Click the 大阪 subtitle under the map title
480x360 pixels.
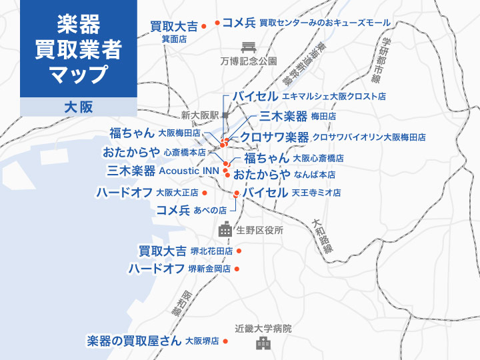point(78,107)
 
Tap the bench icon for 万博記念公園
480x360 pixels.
point(249,47)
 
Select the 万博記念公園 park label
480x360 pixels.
point(248,61)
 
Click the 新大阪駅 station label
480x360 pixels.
point(200,115)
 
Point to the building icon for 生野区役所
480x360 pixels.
point(225,230)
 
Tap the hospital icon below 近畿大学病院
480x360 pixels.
point(263,343)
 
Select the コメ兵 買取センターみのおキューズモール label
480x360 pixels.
point(306,23)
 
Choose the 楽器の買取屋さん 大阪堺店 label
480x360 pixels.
point(153,341)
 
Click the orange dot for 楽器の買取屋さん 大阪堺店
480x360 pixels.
point(226,341)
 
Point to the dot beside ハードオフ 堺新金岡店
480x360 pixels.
point(237,269)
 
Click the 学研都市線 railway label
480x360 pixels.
point(379,59)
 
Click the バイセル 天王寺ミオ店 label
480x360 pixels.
point(291,193)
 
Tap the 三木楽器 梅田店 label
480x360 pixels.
point(297,116)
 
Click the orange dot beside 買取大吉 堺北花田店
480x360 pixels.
point(239,251)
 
